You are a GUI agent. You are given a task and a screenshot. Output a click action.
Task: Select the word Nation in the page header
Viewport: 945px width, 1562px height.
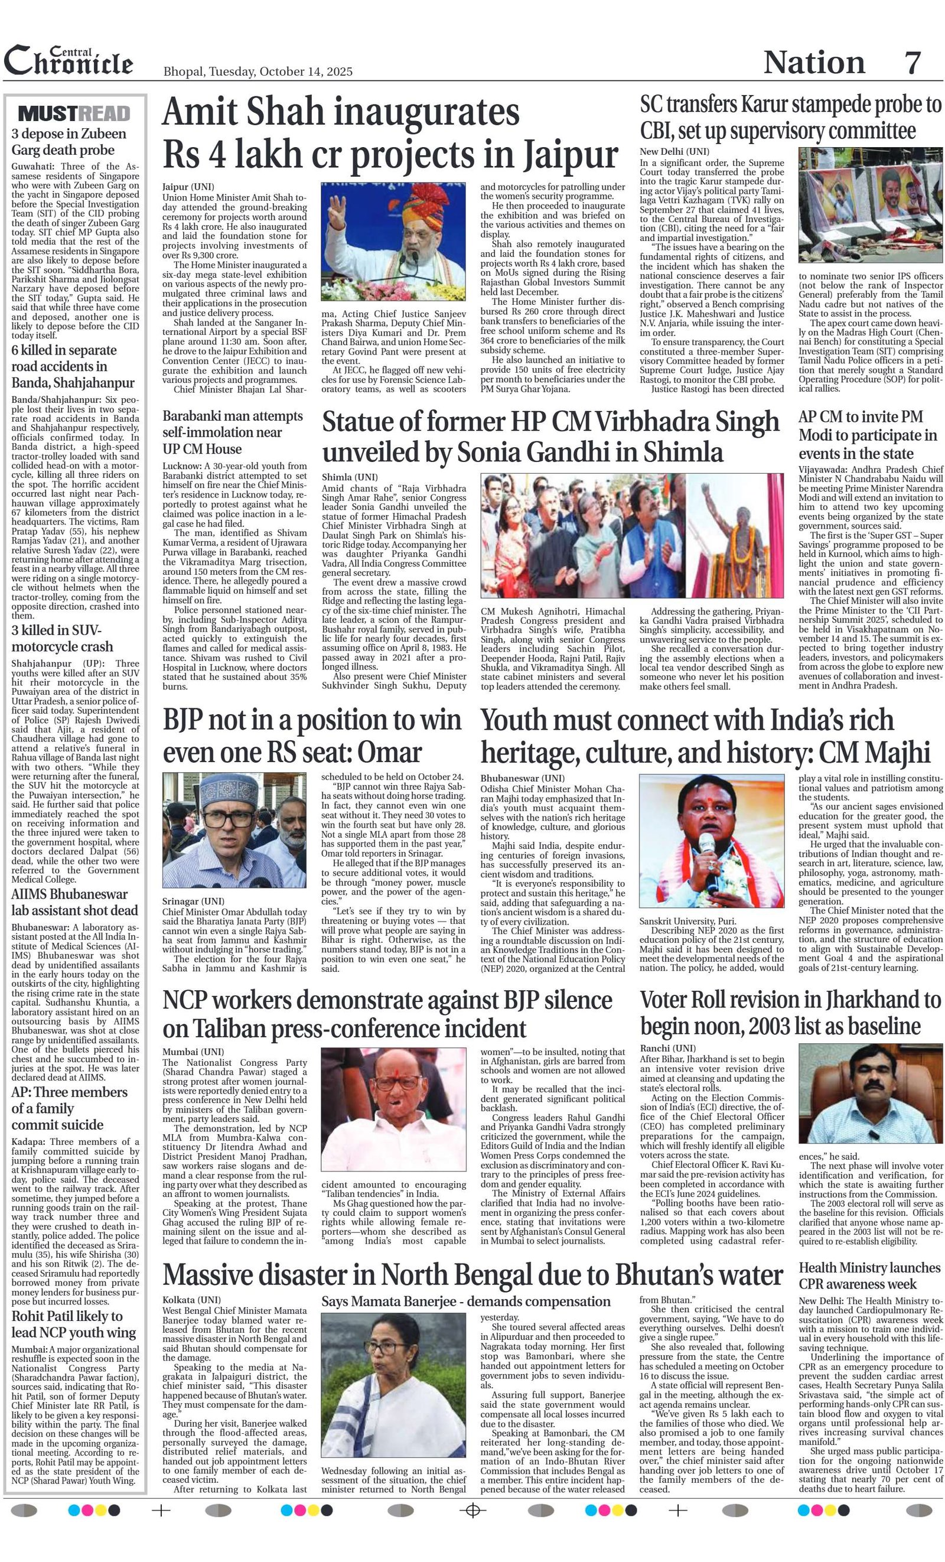(814, 62)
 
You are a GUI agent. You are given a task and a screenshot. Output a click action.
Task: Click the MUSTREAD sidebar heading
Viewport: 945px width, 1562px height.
(74, 113)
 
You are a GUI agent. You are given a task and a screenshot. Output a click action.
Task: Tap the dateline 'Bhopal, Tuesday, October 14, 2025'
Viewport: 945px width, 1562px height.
(258, 71)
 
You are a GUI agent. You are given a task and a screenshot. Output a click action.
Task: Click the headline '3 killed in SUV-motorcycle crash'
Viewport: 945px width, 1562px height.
(62, 639)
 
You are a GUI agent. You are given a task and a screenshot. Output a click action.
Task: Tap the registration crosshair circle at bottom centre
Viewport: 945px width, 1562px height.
(471, 1511)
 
